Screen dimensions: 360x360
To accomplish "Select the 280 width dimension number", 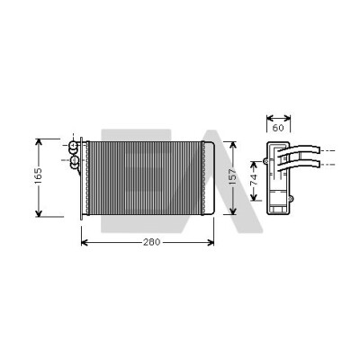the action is pos(152,242).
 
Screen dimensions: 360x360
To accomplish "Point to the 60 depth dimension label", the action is pos(278,128).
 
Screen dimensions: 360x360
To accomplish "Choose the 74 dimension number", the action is pos(254,179).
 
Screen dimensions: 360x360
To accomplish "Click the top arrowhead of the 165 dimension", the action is pos(39,142).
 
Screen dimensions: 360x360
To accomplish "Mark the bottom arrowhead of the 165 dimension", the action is pos(39,213).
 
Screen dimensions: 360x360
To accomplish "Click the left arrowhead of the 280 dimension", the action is pos(85,242).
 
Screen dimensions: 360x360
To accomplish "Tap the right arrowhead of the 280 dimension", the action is pos(211,242).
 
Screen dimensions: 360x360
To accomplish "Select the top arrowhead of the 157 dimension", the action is pos(233,145).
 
